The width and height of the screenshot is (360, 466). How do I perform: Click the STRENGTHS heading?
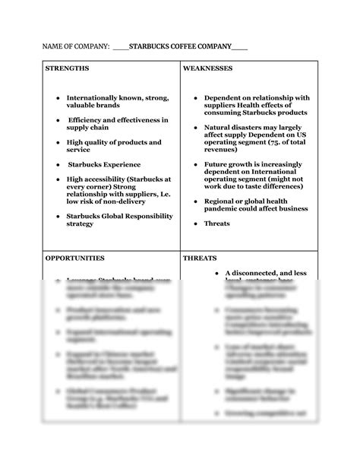pos(67,68)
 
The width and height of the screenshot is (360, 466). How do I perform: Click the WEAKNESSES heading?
pos(207,68)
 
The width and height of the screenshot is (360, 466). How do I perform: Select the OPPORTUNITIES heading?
pos(74,258)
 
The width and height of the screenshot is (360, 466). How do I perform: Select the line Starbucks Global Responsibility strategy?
pos(119,220)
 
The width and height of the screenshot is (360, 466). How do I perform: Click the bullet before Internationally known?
pos(58,98)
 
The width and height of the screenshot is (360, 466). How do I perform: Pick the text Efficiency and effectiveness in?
pos(118,120)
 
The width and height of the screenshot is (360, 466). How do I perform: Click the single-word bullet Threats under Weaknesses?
pos(216,223)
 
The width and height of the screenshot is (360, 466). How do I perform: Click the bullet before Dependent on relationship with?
pos(195,98)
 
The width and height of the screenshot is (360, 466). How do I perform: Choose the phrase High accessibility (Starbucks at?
pos(118,179)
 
